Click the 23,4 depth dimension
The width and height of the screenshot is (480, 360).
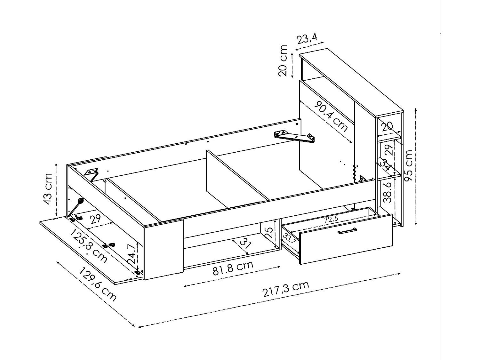tap(307, 39)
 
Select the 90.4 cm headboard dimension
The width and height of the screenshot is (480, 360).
tap(331, 117)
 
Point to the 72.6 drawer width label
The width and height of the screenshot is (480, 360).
tap(331, 220)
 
